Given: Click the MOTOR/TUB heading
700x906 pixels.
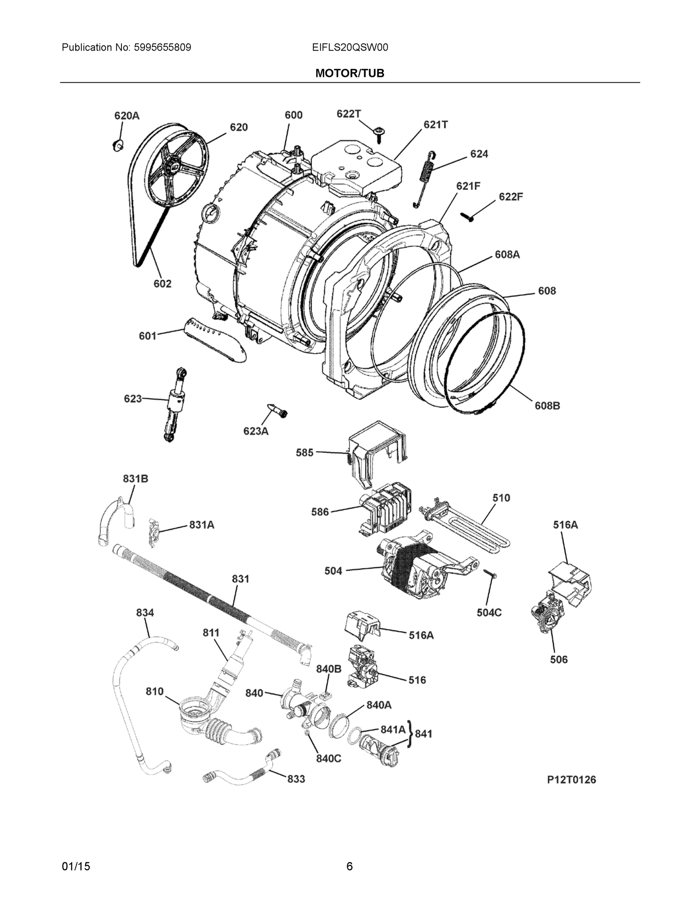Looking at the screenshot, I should click(x=349, y=74).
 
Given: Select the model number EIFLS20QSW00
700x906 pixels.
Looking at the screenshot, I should click(x=349, y=48).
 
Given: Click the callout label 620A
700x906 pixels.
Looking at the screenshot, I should click(x=127, y=116).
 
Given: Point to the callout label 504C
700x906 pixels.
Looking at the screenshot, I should click(x=489, y=612).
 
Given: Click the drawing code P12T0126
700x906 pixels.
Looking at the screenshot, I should click(x=571, y=780).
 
